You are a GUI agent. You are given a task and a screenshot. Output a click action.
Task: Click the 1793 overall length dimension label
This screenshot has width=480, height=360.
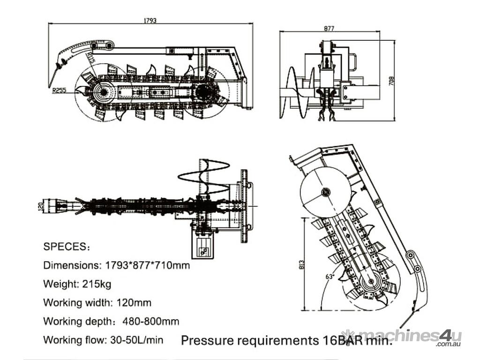[150, 20]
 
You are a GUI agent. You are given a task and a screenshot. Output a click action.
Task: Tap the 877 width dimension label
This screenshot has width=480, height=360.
[329, 28]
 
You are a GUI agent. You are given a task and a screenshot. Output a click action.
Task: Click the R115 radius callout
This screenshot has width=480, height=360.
[90, 60]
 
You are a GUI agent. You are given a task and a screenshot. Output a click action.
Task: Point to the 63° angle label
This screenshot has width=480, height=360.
[330, 276]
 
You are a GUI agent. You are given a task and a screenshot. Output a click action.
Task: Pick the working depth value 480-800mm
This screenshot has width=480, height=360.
[150, 322]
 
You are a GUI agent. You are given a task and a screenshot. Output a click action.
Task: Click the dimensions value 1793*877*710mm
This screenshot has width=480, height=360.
[145, 265]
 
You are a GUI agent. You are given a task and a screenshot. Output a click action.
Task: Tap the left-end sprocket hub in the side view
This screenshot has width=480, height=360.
[104, 92]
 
